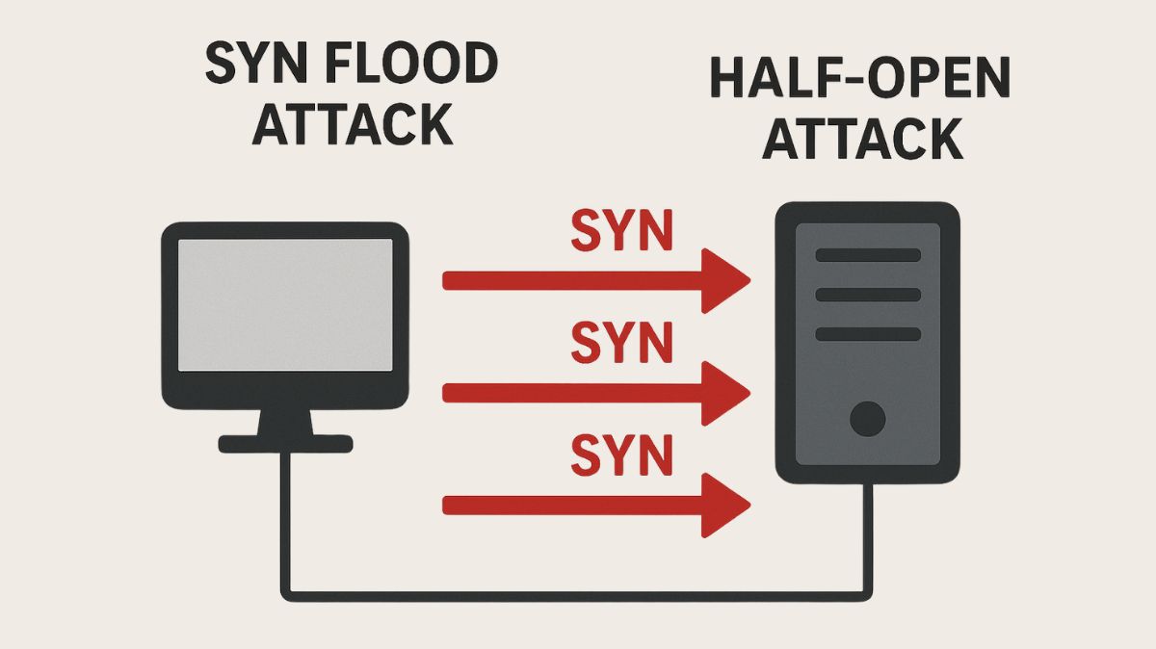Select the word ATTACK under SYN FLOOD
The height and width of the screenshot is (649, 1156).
click(353, 124)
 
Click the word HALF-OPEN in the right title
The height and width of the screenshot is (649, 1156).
click(860, 79)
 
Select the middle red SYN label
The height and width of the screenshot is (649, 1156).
click(622, 343)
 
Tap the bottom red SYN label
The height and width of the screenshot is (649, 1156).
click(622, 454)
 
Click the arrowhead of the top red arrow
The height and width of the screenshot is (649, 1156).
click(724, 280)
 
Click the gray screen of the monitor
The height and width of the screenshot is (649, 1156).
click(285, 303)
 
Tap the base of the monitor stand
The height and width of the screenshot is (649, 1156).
click(285, 443)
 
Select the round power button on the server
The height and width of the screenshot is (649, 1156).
click(868, 419)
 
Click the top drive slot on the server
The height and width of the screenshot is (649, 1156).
click(868, 255)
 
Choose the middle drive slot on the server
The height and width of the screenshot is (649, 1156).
click(868, 295)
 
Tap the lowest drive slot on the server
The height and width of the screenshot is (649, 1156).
click(868, 334)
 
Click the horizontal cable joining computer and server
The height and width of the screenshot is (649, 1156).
click(578, 593)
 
